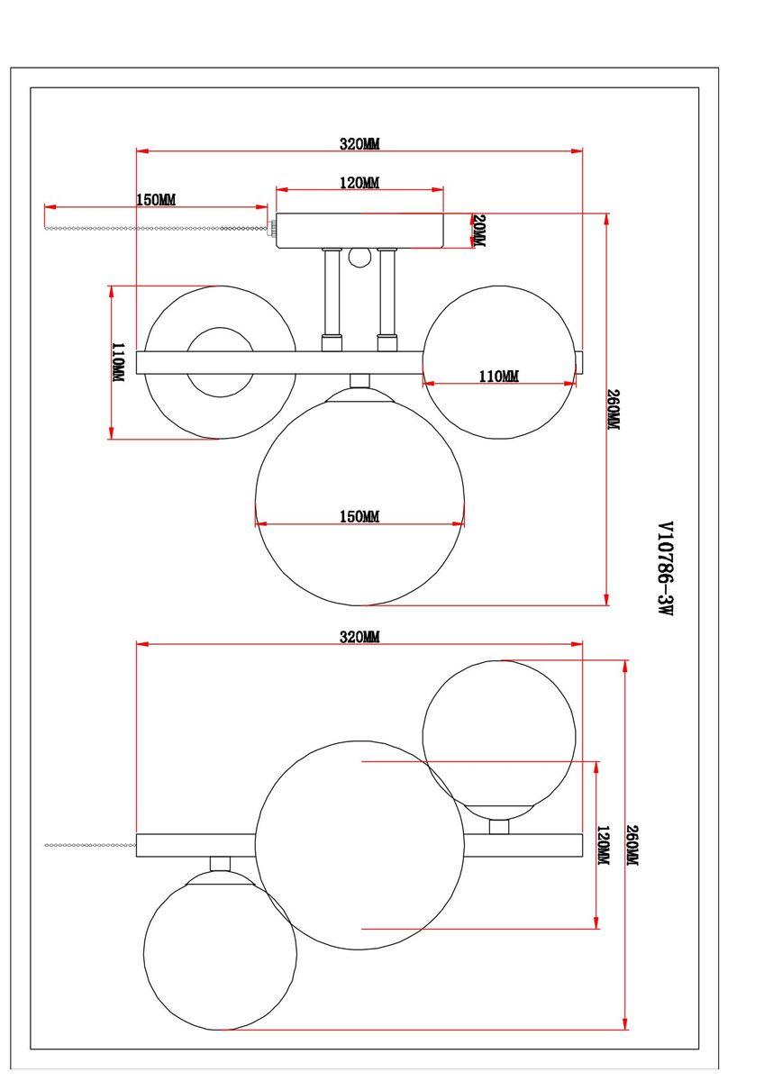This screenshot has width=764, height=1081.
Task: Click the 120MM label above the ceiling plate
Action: [359, 183]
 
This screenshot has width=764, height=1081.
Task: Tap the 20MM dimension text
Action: [478, 232]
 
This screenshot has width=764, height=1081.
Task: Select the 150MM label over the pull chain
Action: [156, 199]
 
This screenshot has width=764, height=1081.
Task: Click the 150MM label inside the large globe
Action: [359, 516]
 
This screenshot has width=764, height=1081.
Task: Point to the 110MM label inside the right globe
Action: [498, 377]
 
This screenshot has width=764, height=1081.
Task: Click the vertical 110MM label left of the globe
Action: [118, 363]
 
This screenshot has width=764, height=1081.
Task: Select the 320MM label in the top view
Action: [359, 143]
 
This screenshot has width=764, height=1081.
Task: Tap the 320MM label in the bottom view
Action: [359, 637]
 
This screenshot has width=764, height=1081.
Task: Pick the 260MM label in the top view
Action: [614, 410]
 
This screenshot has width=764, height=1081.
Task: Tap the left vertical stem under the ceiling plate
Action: [332, 293]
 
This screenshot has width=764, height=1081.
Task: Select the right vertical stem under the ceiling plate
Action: [387, 293]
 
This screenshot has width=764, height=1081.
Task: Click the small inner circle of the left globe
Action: [220, 362]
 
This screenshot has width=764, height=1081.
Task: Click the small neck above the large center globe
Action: [359, 381]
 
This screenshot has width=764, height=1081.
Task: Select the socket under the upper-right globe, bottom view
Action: [498, 826]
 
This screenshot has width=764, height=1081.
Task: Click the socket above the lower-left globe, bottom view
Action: [220, 863]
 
